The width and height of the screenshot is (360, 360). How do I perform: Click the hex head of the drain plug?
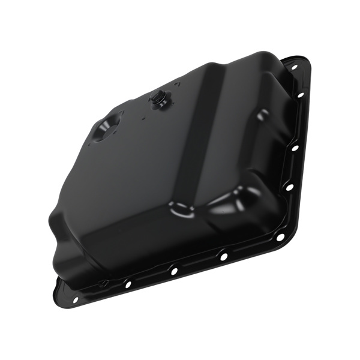pyautogui.click(x=160, y=101)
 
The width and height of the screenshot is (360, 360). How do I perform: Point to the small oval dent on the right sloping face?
pyautogui.click(x=263, y=113)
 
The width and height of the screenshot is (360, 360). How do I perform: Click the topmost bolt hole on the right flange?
pyautogui.click(x=295, y=68)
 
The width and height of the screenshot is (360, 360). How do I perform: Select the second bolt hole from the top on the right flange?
pyautogui.click(x=301, y=95)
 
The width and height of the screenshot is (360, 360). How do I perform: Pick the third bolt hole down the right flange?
pyautogui.click(x=295, y=147)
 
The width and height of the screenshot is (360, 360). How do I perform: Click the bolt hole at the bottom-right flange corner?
pyautogui.click(x=280, y=237)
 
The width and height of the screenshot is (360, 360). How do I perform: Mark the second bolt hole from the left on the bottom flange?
pyautogui.click(x=127, y=284)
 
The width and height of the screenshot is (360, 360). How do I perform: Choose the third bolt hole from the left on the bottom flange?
pyautogui.click(x=174, y=271)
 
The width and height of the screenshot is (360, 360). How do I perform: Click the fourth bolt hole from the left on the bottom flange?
pyautogui.click(x=223, y=256)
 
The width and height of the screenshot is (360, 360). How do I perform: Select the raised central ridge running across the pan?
pyautogui.click(x=198, y=138)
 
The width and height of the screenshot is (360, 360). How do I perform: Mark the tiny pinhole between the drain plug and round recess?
pyautogui.click(x=144, y=118)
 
